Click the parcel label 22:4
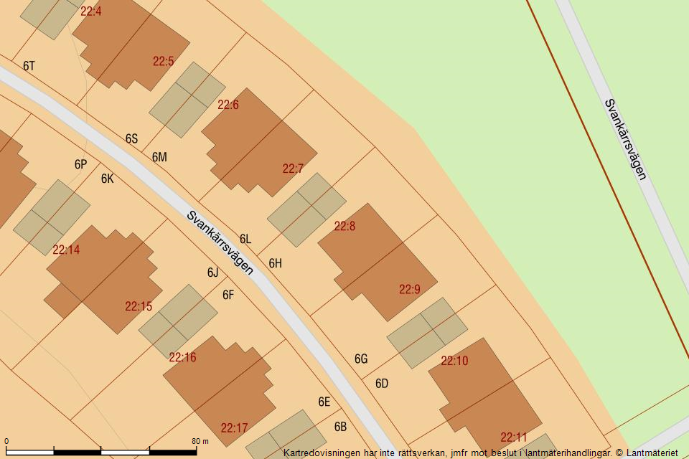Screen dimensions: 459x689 (x=91, y=11)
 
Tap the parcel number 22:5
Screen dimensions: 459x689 (x=164, y=62)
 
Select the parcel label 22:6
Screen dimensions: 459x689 (x=228, y=105)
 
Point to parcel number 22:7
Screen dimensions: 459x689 (x=293, y=169)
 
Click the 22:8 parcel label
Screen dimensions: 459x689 (x=344, y=227)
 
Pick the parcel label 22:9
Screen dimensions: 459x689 (x=410, y=290)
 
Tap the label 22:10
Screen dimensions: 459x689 (x=454, y=361)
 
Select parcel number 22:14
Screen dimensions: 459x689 (x=66, y=250)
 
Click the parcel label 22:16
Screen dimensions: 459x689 (x=182, y=357)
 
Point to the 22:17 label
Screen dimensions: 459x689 (x=234, y=429)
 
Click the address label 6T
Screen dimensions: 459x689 (x=29, y=66)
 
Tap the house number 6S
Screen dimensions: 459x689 (x=131, y=138)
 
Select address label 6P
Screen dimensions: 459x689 (x=80, y=164)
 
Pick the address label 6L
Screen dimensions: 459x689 (x=245, y=239)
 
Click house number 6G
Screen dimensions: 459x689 (x=361, y=359)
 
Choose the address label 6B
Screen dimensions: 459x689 (x=340, y=427)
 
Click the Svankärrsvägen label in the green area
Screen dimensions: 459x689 (x=626, y=139)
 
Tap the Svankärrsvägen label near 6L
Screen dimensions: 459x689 (x=220, y=242)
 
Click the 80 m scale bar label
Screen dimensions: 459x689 (x=200, y=441)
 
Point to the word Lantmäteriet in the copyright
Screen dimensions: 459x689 (x=652, y=453)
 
